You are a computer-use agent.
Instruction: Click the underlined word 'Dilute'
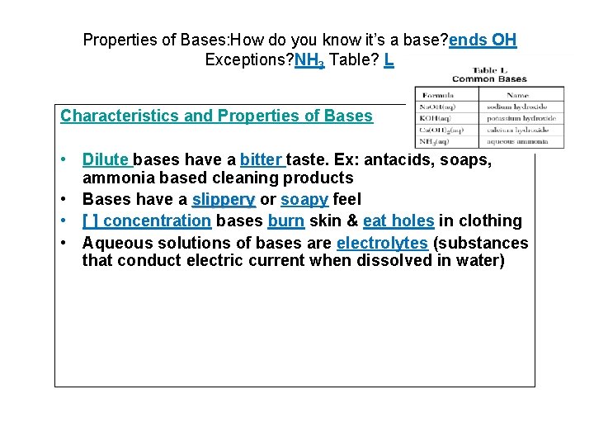click(x=106, y=159)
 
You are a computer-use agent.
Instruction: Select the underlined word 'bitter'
click(x=261, y=159)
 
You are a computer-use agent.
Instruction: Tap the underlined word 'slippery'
click(x=223, y=199)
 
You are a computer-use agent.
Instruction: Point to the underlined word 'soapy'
click(x=304, y=199)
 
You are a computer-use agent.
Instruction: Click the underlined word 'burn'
click(x=285, y=221)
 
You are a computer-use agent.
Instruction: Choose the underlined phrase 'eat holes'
click(x=398, y=221)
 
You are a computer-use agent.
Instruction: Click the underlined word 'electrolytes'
click(x=382, y=243)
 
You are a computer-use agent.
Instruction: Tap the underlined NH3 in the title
click(x=309, y=60)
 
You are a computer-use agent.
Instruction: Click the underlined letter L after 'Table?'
click(x=389, y=59)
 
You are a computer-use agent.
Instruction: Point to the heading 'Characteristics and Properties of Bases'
click(x=216, y=116)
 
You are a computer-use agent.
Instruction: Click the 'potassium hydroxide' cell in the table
click(x=521, y=118)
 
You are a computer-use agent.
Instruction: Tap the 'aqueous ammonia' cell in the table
click(x=518, y=141)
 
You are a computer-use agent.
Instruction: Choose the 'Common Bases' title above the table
click(x=489, y=79)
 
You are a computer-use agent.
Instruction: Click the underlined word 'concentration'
click(x=158, y=221)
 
